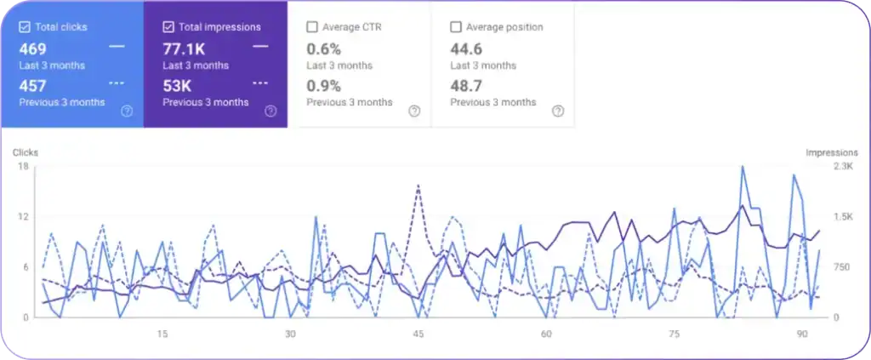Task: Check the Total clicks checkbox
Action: (x=25, y=27)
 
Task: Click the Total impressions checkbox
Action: (x=168, y=27)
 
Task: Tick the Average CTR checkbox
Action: (x=312, y=27)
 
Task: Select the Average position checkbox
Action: (x=456, y=27)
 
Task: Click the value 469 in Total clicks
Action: (x=32, y=49)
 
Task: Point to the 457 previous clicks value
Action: (x=32, y=86)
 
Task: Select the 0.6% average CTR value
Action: (x=323, y=49)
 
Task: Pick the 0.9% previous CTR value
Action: (x=323, y=86)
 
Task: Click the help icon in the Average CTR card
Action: (x=414, y=111)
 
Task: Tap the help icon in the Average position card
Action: (x=558, y=111)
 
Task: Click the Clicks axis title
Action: (x=25, y=153)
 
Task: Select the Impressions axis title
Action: (x=831, y=153)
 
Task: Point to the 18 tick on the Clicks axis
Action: (x=24, y=167)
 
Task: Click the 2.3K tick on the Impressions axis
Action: (x=843, y=167)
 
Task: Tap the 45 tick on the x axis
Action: (x=418, y=334)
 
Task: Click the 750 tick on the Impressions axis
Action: (x=840, y=267)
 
